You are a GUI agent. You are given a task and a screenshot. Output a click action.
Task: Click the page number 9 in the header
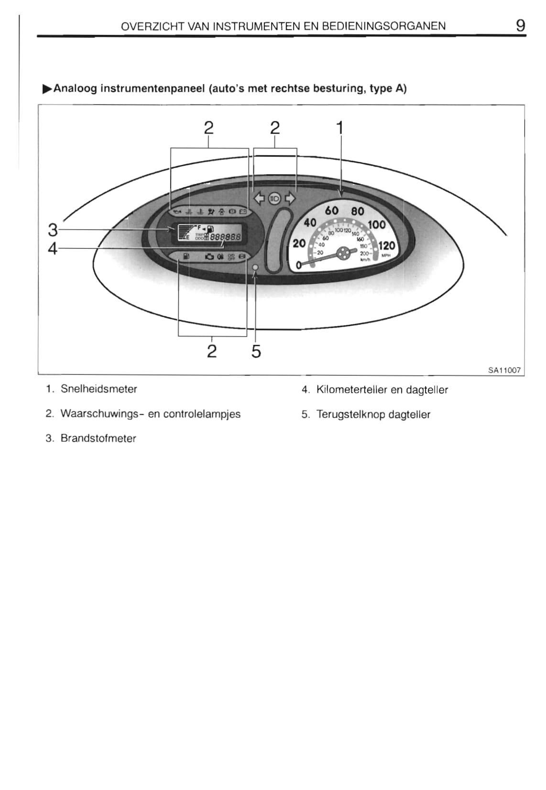coord(520,25)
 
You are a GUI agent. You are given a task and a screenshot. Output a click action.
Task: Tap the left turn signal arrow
coord(259,198)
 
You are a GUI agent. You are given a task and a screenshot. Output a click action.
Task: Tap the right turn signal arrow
coord(290,198)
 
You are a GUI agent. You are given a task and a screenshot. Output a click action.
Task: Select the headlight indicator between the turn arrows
coord(274,198)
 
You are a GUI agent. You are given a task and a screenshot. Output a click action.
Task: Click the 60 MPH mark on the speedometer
coord(331,211)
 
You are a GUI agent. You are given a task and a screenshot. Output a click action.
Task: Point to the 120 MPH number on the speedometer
coord(386,246)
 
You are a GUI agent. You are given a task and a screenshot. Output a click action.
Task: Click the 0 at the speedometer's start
coord(299,264)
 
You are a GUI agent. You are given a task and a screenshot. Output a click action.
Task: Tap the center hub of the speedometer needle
coord(343,253)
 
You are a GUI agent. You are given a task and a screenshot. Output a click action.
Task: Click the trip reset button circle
coord(255,267)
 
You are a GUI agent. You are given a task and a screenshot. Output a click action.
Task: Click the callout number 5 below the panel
coord(256,352)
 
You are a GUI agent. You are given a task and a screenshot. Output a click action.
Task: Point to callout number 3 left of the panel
coord(53,230)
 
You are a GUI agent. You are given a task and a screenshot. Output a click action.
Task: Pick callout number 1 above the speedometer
coord(340,128)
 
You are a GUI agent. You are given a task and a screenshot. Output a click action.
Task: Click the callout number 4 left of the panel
coord(53,248)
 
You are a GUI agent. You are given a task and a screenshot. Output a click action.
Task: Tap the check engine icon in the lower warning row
coord(209,257)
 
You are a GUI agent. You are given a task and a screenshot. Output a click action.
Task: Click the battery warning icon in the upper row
coord(242,211)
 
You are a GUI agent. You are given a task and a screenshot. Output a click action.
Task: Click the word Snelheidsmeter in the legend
coord(98,389)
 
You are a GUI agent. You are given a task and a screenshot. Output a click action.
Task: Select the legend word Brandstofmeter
coord(98,438)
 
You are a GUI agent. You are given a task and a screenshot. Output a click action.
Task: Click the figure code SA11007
coord(504,370)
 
